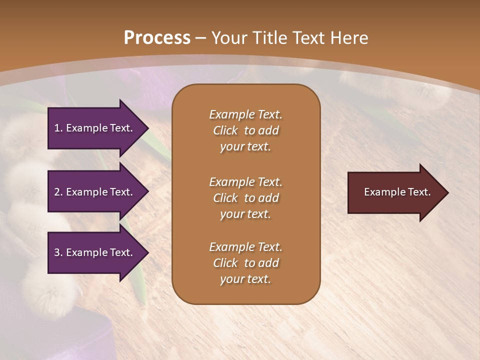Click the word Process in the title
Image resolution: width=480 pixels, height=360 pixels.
click(157, 38)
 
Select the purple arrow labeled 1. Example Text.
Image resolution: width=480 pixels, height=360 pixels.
click(95, 128)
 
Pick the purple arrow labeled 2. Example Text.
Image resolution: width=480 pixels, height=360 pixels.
click(95, 192)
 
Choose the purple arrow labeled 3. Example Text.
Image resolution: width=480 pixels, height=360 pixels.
click(95, 252)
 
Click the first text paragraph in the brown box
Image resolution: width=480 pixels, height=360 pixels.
click(245, 130)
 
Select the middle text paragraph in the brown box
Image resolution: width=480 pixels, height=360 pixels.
click(245, 198)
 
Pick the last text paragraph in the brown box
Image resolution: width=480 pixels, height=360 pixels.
click(245, 263)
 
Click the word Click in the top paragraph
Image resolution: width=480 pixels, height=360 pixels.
click(225, 130)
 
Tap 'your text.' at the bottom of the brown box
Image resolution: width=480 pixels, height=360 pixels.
click(245, 279)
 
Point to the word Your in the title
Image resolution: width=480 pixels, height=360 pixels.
click(228, 38)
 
